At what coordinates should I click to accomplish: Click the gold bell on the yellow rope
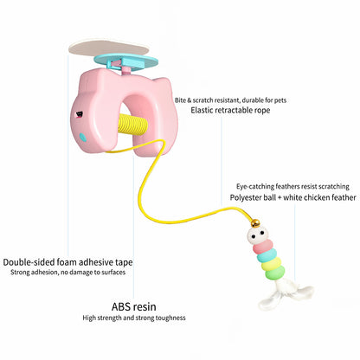pos(255,223)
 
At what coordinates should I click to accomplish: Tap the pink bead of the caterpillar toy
pos(263,247)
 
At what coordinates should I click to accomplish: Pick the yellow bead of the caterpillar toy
pos(273,263)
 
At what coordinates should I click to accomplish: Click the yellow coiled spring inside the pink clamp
pos(134,125)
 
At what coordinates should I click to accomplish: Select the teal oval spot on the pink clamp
pos(83,138)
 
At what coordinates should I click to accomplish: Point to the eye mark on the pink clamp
pos(79,115)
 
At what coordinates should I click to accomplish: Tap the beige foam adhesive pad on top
pos(109,48)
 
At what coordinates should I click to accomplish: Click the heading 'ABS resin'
pos(134,306)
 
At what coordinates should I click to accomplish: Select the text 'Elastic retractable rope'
pos(230,110)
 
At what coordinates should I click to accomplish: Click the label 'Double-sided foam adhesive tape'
pos(67,262)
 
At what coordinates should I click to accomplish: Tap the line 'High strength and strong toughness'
pos(134,318)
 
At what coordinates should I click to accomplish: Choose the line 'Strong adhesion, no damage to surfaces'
pos(68,272)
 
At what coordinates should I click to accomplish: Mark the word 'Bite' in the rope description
pos(180,100)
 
